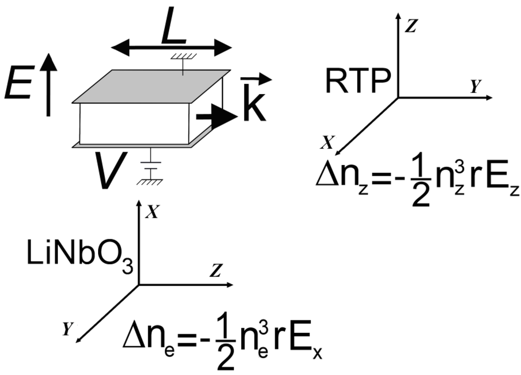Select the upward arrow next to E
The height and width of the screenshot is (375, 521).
pyautogui.click(x=48, y=85)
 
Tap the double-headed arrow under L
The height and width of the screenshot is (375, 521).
pyautogui.click(x=171, y=49)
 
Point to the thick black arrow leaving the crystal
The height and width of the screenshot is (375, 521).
pyautogui.click(x=217, y=117)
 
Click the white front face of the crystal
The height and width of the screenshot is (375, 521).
pyautogui.click(x=134, y=123)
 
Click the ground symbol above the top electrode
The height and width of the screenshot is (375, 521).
pyautogui.click(x=183, y=60)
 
